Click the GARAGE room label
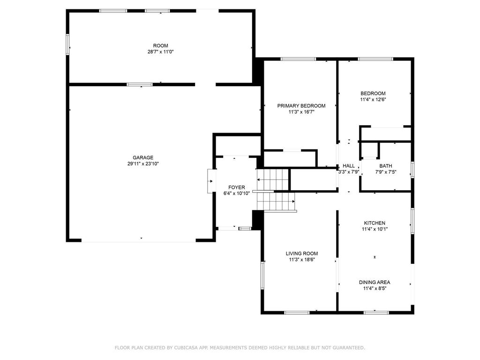pyautogui.click(x=143, y=157)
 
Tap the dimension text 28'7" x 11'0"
pyautogui.click(x=161, y=52)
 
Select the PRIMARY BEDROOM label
pyautogui.click(x=301, y=105)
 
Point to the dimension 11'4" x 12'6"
pyautogui.click(x=373, y=99)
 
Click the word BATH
pyautogui.click(x=386, y=166)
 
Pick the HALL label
pyautogui.click(x=349, y=166)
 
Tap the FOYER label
pyautogui.click(x=237, y=187)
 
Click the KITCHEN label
pyautogui.click(x=375, y=223)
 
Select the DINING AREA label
pyautogui.click(x=375, y=282)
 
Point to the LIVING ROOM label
pyautogui.click(x=302, y=254)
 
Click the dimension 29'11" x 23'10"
pyautogui.click(x=143, y=164)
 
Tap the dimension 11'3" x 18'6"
pyautogui.click(x=302, y=260)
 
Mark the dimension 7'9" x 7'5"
pyautogui.click(x=386, y=172)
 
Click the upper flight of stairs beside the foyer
pyautogui.click(x=273, y=180)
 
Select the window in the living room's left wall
pyautogui.click(x=262, y=275)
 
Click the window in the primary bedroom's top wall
pyautogui.click(x=298, y=59)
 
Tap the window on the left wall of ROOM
pyautogui.click(x=67, y=45)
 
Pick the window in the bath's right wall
pyautogui.click(x=412, y=170)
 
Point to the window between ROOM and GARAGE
pyautogui.click(x=140, y=84)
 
